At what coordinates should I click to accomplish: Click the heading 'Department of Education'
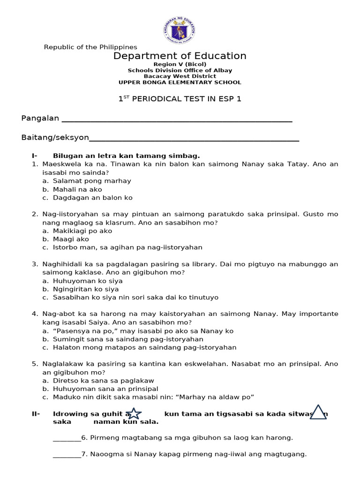[x=180, y=56]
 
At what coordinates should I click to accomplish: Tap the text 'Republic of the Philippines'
[x=90, y=47]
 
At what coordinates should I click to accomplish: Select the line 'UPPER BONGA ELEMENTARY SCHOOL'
[x=180, y=82]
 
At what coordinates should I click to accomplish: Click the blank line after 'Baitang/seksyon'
[x=194, y=138]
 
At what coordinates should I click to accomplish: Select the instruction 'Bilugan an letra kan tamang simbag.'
[x=127, y=156]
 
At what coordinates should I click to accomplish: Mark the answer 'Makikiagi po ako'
[x=82, y=231]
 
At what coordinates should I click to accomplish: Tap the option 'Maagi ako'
[x=72, y=239]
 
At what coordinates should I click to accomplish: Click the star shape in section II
[x=134, y=413]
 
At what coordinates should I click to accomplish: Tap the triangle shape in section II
[x=318, y=412]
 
